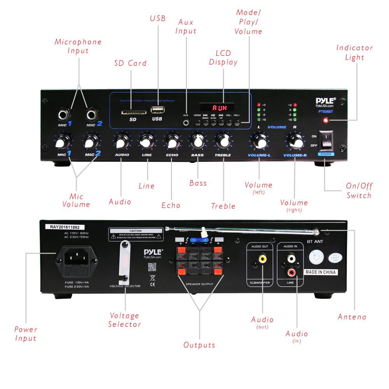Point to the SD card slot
coord(133,113)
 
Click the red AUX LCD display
coord(217,107)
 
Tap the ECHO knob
coord(172,142)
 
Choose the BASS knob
coord(197,142)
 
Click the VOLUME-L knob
coord(259,142)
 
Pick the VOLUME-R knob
coord(295,142)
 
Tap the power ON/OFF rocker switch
coord(326,140)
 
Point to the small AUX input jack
coord(186,123)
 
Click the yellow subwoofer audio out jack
coord(263,258)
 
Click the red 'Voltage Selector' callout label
coord(124,320)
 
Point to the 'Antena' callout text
coord(352,317)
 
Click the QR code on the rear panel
coord(152,267)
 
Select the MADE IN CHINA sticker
coord(320,272)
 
